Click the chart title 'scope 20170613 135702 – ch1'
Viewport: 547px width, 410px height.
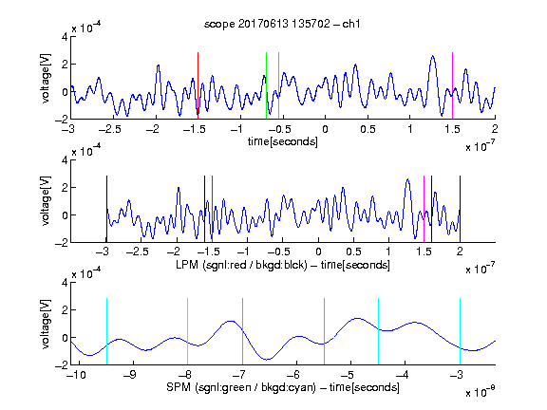point(282,24)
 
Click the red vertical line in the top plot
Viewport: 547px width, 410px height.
point(198,85)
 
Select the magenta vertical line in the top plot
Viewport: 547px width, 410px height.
point(452,85)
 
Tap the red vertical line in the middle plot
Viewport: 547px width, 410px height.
point(212,209)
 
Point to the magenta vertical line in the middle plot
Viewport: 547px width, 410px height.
point(424,209)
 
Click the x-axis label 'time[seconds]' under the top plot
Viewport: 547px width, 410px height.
point(283,141)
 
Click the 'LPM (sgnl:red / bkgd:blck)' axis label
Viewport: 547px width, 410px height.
point(241,265)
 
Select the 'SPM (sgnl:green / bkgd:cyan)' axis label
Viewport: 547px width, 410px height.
point(241,387)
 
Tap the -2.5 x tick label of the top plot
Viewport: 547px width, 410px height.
point(110,129)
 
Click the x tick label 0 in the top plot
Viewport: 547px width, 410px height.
point(325,129)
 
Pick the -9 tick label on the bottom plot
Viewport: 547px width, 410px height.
point(130,375)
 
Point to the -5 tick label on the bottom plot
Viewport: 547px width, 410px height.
point(349,375)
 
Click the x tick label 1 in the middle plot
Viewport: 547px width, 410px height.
point(388,252)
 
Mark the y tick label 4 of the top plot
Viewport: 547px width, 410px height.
point(65,37)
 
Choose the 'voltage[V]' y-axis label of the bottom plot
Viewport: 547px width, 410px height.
point(46,324)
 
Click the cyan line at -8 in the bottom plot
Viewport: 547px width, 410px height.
point(188,331)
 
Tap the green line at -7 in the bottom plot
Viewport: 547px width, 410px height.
point(242,331)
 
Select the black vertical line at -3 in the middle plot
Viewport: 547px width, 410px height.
point(106,209)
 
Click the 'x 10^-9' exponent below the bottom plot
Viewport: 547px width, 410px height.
point(481,393)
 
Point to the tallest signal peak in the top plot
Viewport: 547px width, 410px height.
point(433,56)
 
